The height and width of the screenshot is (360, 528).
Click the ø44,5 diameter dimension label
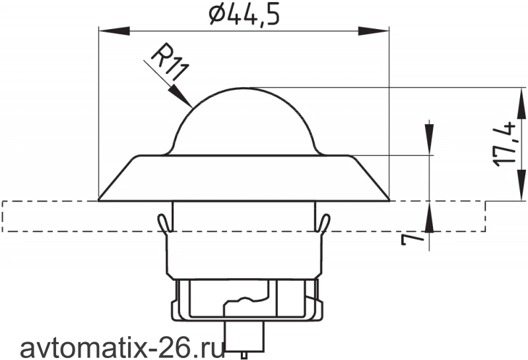point(244,15)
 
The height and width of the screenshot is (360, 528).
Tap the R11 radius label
point(168,62)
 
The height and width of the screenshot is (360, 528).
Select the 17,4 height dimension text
point(505,144)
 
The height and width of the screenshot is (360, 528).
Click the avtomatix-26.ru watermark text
point(123,349)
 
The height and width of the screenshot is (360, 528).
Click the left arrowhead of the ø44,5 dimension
point(114,31)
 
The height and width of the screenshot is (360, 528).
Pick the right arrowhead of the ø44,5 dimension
point(374,31)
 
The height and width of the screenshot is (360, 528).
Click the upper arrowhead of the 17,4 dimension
point(521,103)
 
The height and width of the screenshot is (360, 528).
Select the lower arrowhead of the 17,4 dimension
point(521,185)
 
